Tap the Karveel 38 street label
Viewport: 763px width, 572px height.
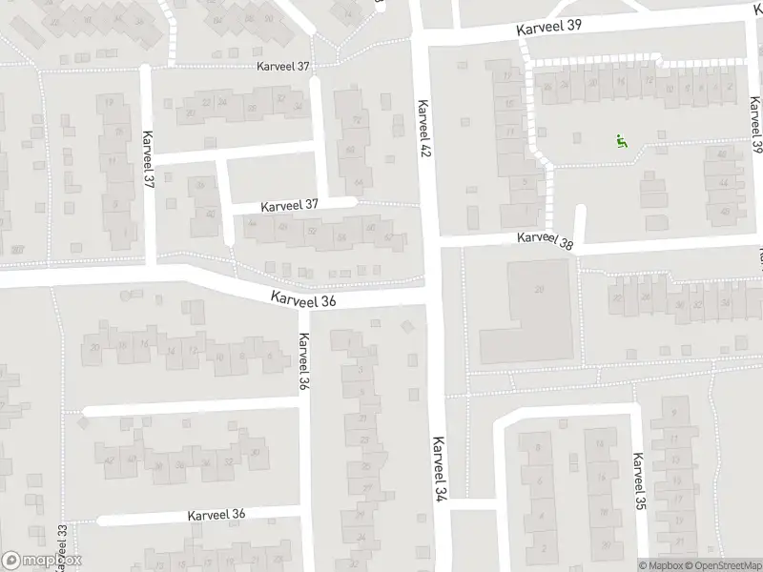[x=546, y=242]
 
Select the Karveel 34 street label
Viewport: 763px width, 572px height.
[x=440, y=469]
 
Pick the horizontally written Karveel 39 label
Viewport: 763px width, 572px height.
[x=549, y=27]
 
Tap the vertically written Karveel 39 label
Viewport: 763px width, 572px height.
[x=756, y=126]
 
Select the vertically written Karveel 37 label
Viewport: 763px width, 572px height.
[x=148, y=157]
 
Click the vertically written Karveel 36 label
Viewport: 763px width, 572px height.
[x=304, y=361]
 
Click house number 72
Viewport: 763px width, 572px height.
[x=357, y=120]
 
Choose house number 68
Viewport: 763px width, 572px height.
[x=351, y=151]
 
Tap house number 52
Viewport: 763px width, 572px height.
[x=312, y=230]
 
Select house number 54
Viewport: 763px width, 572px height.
[x=340, y=236]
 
